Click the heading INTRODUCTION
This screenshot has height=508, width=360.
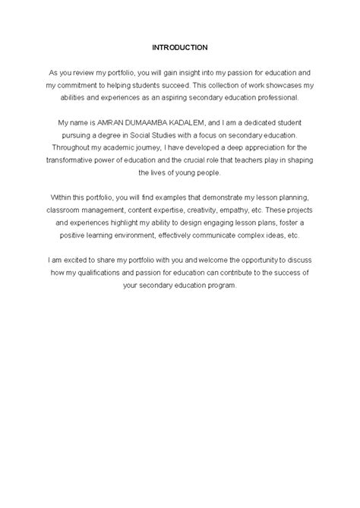pos(179,47)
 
